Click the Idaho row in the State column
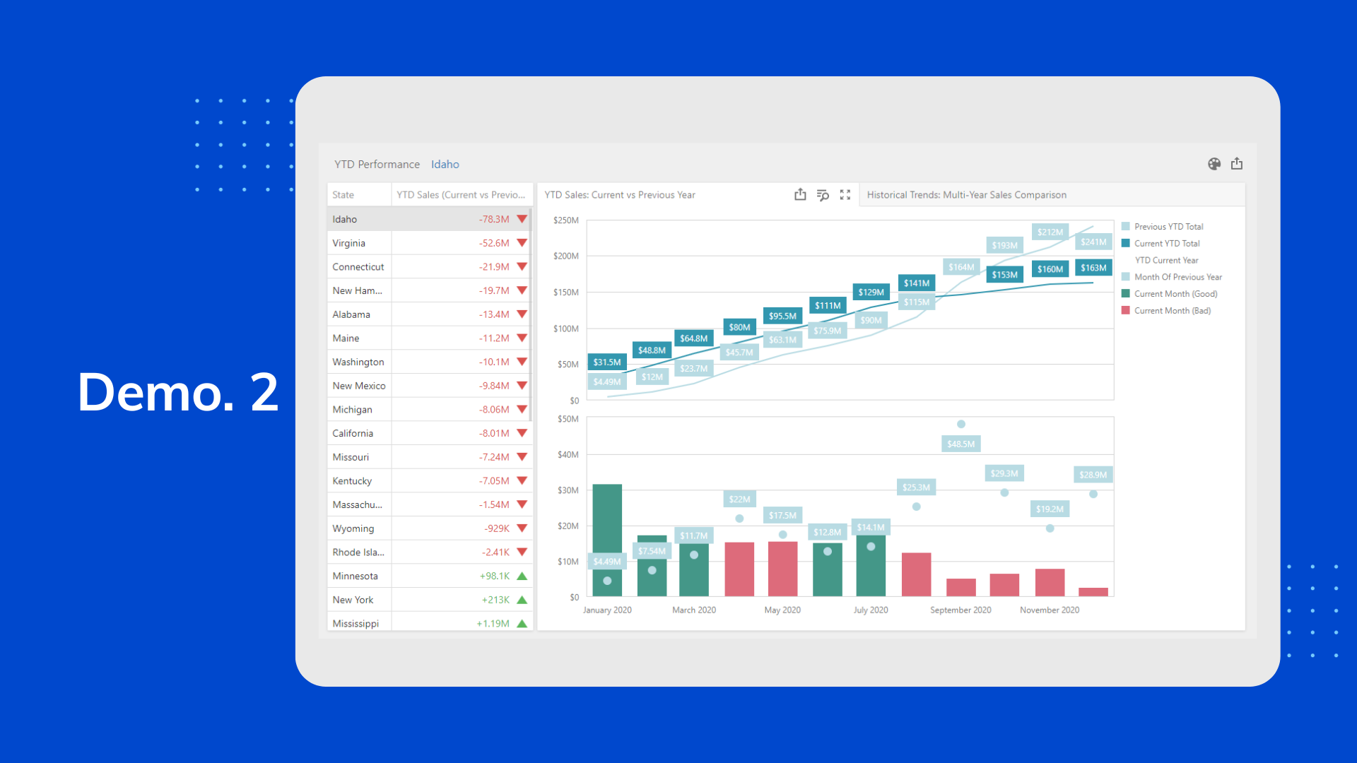point(345,219)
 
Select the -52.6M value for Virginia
point(494,243)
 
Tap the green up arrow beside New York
point(522,600)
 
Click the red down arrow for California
point(522,433)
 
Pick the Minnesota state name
point(355,576)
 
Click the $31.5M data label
point(607,362)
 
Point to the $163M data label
point(1093,268)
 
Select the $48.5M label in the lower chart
point(961,444)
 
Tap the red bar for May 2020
point(782,569)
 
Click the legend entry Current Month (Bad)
point(1172,311)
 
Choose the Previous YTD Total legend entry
point(1168,227)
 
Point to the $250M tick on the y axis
point(566,220)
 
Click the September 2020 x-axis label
point(961,610)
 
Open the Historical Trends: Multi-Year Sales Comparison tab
point(966,195)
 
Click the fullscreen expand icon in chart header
point(845,195)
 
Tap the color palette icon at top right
point(1214,164)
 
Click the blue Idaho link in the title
point(445,165)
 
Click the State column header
point(343,195)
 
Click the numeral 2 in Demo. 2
point(265,393)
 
